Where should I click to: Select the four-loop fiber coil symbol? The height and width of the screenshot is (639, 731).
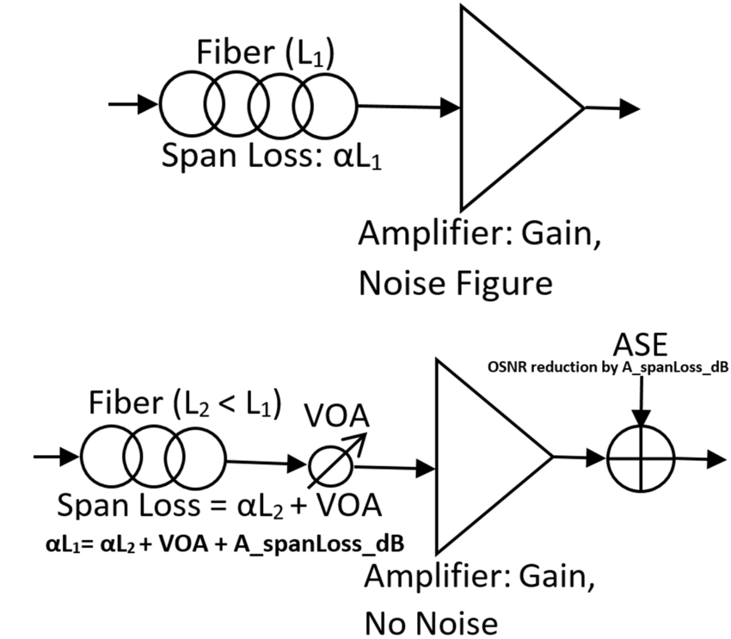pos(257,106)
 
